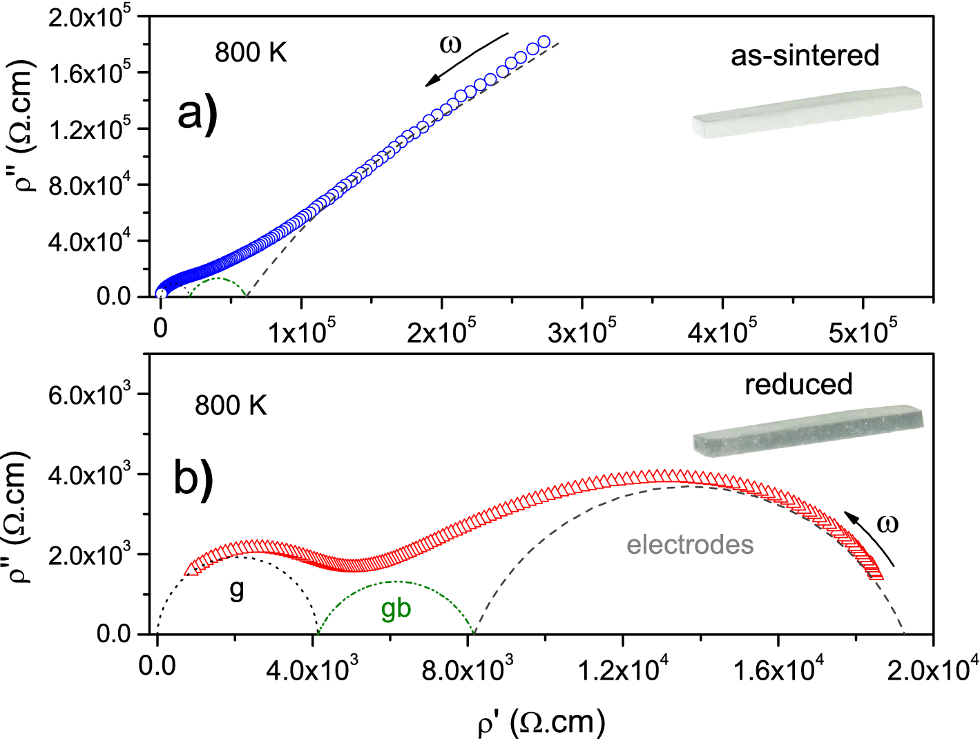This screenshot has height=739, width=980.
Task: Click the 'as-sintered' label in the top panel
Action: pyautogui.click(x=805, y=55)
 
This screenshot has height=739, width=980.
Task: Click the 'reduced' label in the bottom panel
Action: pyautogui.click(x=798, y=384)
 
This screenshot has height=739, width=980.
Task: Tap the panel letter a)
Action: pyautogui.click(x=197, y=113)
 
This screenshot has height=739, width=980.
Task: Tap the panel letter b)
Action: pyautogui.click(x=193, y=477)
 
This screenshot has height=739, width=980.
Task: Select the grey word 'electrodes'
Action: pyautogui.click(x=690, y=545)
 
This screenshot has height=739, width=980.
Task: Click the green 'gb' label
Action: pyautogui.click(x=396, y=608)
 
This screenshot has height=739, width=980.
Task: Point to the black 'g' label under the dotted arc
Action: pyautogui.click(x=237, y=590)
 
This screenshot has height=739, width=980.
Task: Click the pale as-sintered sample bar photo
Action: pyautogui.click(x=806, y=112)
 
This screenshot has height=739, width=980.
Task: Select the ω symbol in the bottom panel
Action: pyautogui.click(x=887, y=524)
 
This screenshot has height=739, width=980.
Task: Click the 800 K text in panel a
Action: pyautogui.click(x=251, y=52)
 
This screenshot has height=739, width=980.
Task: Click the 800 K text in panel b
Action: pyautogui.click(x=231, y=405)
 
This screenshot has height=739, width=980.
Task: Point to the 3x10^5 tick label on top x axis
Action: pyautogui.click(x=582, y=332)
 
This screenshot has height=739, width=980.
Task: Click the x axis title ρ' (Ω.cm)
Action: pyautogui.click(x=541, y=722)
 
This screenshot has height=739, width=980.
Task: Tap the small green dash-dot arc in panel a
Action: pyautogui.click(x=218, y=280)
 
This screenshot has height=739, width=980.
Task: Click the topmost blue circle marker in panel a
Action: pyautogui.click(x=544, y=42)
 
